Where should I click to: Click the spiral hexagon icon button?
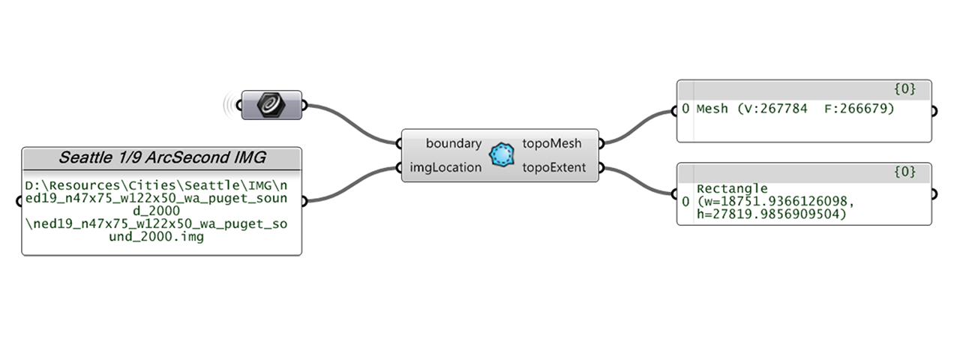[x=271, y=105]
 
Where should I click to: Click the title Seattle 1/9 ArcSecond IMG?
[x=162, y=158]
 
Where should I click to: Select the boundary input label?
[x=453, y=142]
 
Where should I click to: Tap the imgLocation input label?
[x=445, y=167]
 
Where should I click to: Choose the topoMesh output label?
[x=551, y=142]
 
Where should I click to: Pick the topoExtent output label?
[x=553, y=167]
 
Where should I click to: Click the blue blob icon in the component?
[x=502, y=155]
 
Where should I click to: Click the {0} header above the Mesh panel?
[x=904, y=89]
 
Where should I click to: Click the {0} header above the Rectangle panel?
[x=904, y=172]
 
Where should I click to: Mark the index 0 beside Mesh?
[x=685, y=109]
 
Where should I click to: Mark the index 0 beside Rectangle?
[x=685, y=202]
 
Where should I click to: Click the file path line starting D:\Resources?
[x=162, y=184]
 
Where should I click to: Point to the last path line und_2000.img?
[x=162, y=238]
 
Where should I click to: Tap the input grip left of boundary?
[x=400, y=142]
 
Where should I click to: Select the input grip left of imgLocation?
[x=400, y=167]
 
